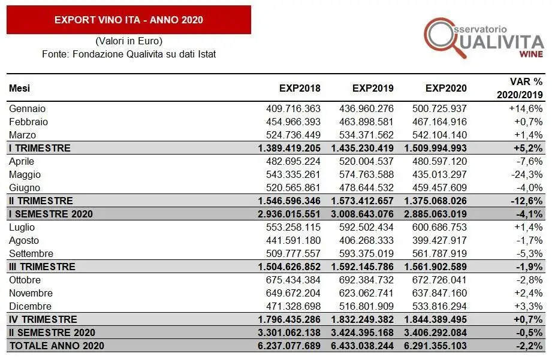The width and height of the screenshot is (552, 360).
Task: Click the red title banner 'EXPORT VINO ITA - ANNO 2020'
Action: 128,20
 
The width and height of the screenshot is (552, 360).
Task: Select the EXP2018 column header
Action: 300,89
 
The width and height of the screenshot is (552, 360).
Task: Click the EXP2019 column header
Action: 373,89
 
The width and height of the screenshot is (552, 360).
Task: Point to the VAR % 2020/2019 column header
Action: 520,89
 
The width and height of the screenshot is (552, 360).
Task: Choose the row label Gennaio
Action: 28,109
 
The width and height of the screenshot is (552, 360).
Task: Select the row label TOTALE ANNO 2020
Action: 56,346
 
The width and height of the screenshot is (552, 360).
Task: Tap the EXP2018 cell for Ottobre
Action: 293,280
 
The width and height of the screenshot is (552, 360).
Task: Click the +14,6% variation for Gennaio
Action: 526,109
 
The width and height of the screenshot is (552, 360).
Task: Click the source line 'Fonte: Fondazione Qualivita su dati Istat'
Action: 129,54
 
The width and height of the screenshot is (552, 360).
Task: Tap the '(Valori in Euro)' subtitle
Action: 129,41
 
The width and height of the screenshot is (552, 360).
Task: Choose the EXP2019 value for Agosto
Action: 366,241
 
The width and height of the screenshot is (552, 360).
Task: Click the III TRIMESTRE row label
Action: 42,267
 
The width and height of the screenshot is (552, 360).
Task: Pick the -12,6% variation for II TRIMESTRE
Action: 526,201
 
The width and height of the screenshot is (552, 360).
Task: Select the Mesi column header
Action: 19,89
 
